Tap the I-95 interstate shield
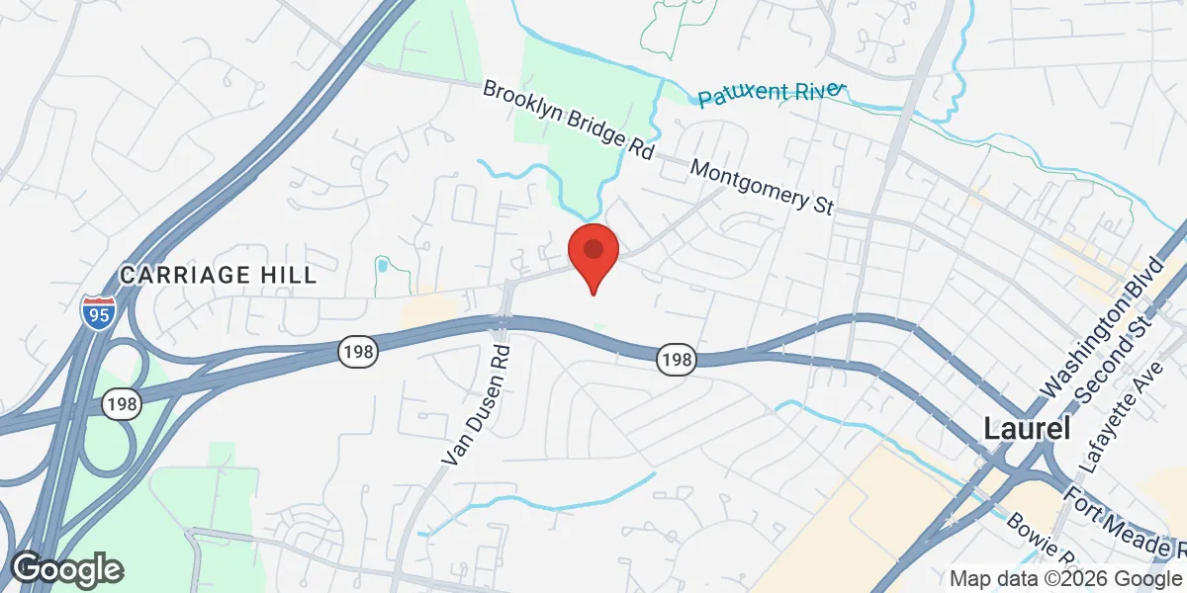pyautogui.click(x=96, y=311)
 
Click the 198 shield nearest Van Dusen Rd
pyautogui.click(x=356, y=351)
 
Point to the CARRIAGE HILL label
pyautogui.click(x=219, y=275)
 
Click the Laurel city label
pyautogui.click(x=1027, y=428)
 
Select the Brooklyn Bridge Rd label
pyautogui.click(x=569, y=121)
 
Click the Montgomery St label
pyautogui.click(x=763, y=187)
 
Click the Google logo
pyautogui.click(x=65, y=568)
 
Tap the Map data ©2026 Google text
pyautogui.click(x=1065, y=579)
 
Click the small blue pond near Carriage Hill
pyautogui.click(x=382, y=265)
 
